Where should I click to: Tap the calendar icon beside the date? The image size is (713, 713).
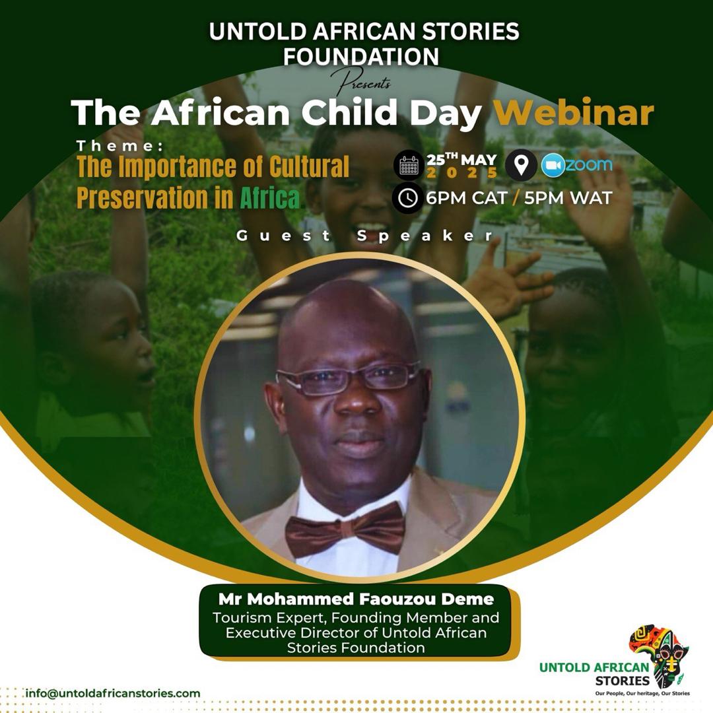pyautogui.click(x=409, y=166)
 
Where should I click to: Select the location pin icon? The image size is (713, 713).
pyautogui.click(x=521, y=164)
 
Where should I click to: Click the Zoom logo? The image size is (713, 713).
pyautogui.click(x=576, y=165)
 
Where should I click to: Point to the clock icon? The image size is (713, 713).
pyautogui.click(x=407, y=198)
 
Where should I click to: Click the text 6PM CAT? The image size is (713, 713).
pyautogui.click(x=467, y=198)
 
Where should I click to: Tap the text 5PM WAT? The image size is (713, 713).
pyautogui.click(x=568, y=198)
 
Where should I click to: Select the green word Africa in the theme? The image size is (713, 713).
pyautogui.click(x=269, y=197)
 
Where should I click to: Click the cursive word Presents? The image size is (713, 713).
pyautogui.click(x=360, y=82)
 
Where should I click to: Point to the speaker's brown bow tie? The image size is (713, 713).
pyautogui.click(x=345, y=529)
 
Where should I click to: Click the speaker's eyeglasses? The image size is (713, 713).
pyautogui.click(x=349, y=378)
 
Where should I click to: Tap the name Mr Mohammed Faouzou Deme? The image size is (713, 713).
pyautogui.click(x=356, y=599)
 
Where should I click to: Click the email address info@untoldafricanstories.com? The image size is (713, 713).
pyautogui.click(x=113, y=693)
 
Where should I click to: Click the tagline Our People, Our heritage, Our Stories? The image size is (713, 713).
pyautogui.click(x=642, y=693)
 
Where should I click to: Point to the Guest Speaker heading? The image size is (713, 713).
pyautogui.click(x=364, y=236)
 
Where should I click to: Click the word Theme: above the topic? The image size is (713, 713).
pyautogui.click(x=120, y=145)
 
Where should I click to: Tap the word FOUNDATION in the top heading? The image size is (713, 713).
pyautogui.click(x=361, y=56)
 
